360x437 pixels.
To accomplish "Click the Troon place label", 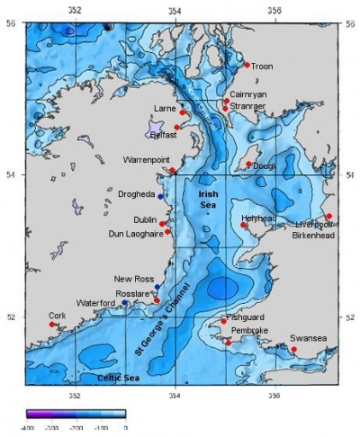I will click(262, 66).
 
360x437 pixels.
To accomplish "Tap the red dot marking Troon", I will click(247, 64).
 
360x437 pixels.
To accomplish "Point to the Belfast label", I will click(163, 135).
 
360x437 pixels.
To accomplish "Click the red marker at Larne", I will click(183, 112).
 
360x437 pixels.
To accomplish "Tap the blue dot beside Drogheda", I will click(161, 196).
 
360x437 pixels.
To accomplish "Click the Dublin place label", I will click(145, 219).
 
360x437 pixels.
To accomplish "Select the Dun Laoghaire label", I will click(135, 233).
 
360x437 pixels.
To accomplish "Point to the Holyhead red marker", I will click(243, 224).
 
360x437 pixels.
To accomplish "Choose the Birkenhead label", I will click(312, 236).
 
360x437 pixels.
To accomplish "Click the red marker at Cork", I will click(52, 324).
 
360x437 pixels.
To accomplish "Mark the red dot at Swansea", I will click(293, 349).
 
